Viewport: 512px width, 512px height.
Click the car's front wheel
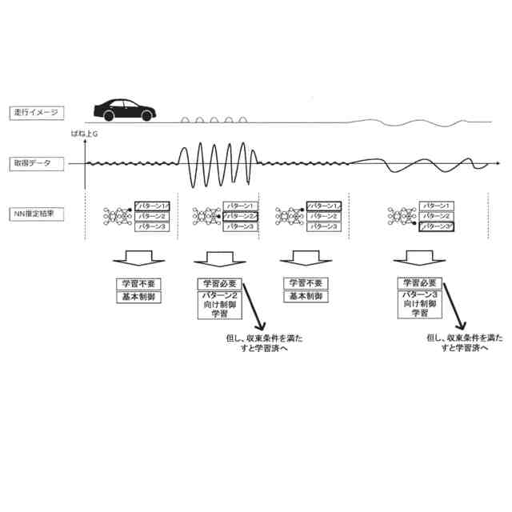pyautogui.click(x=146, y=117)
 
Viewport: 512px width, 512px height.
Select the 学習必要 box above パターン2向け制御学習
pyautogui.click(x=219, y=284)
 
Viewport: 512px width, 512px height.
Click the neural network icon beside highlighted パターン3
pyautogui.click(x=402, y=216)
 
